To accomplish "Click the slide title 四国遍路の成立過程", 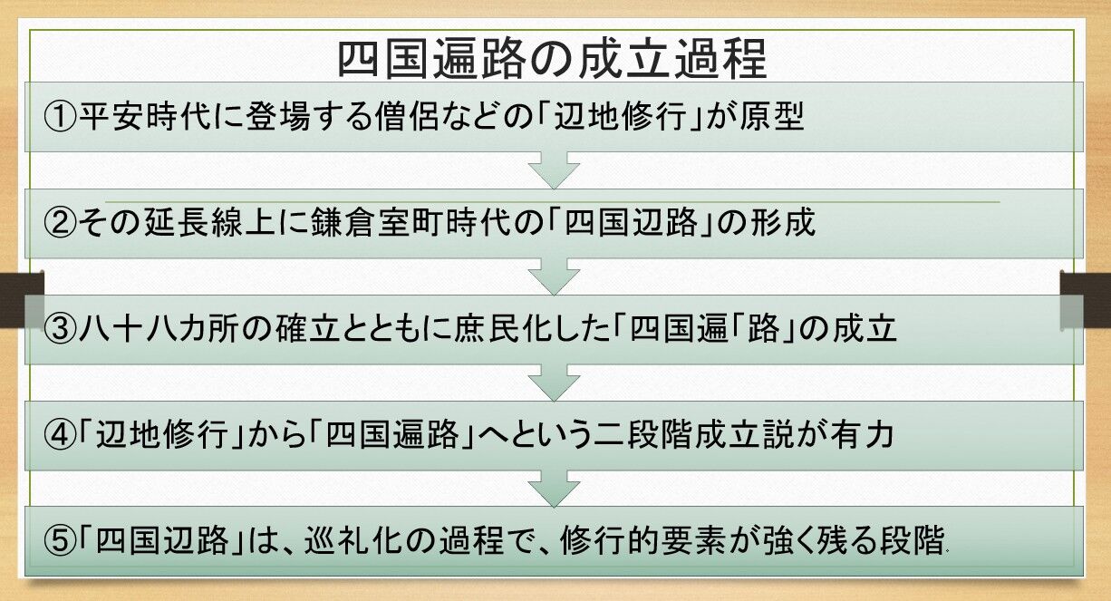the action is click(553, 59).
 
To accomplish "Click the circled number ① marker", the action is click(60, 117).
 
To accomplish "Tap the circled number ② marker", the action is click(60, 223).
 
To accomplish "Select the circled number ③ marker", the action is click(60, 329).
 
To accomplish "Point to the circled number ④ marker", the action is click(60, 435).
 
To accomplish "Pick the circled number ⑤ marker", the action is click(60, 541).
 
